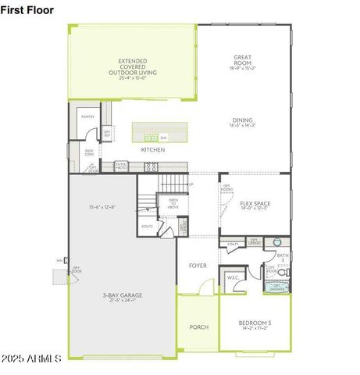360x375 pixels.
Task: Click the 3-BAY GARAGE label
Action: [x=122, y=297]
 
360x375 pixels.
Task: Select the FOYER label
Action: [x=198, y=266]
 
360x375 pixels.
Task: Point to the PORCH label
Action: [x=198, y=327]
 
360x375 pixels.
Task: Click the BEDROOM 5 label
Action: [x=255, y=325]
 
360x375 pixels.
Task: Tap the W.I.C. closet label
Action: [x=232, y=277]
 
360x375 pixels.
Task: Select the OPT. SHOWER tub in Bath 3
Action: [x=278, y=287]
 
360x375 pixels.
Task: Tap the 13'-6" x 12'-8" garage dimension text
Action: [x=102, y=207]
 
